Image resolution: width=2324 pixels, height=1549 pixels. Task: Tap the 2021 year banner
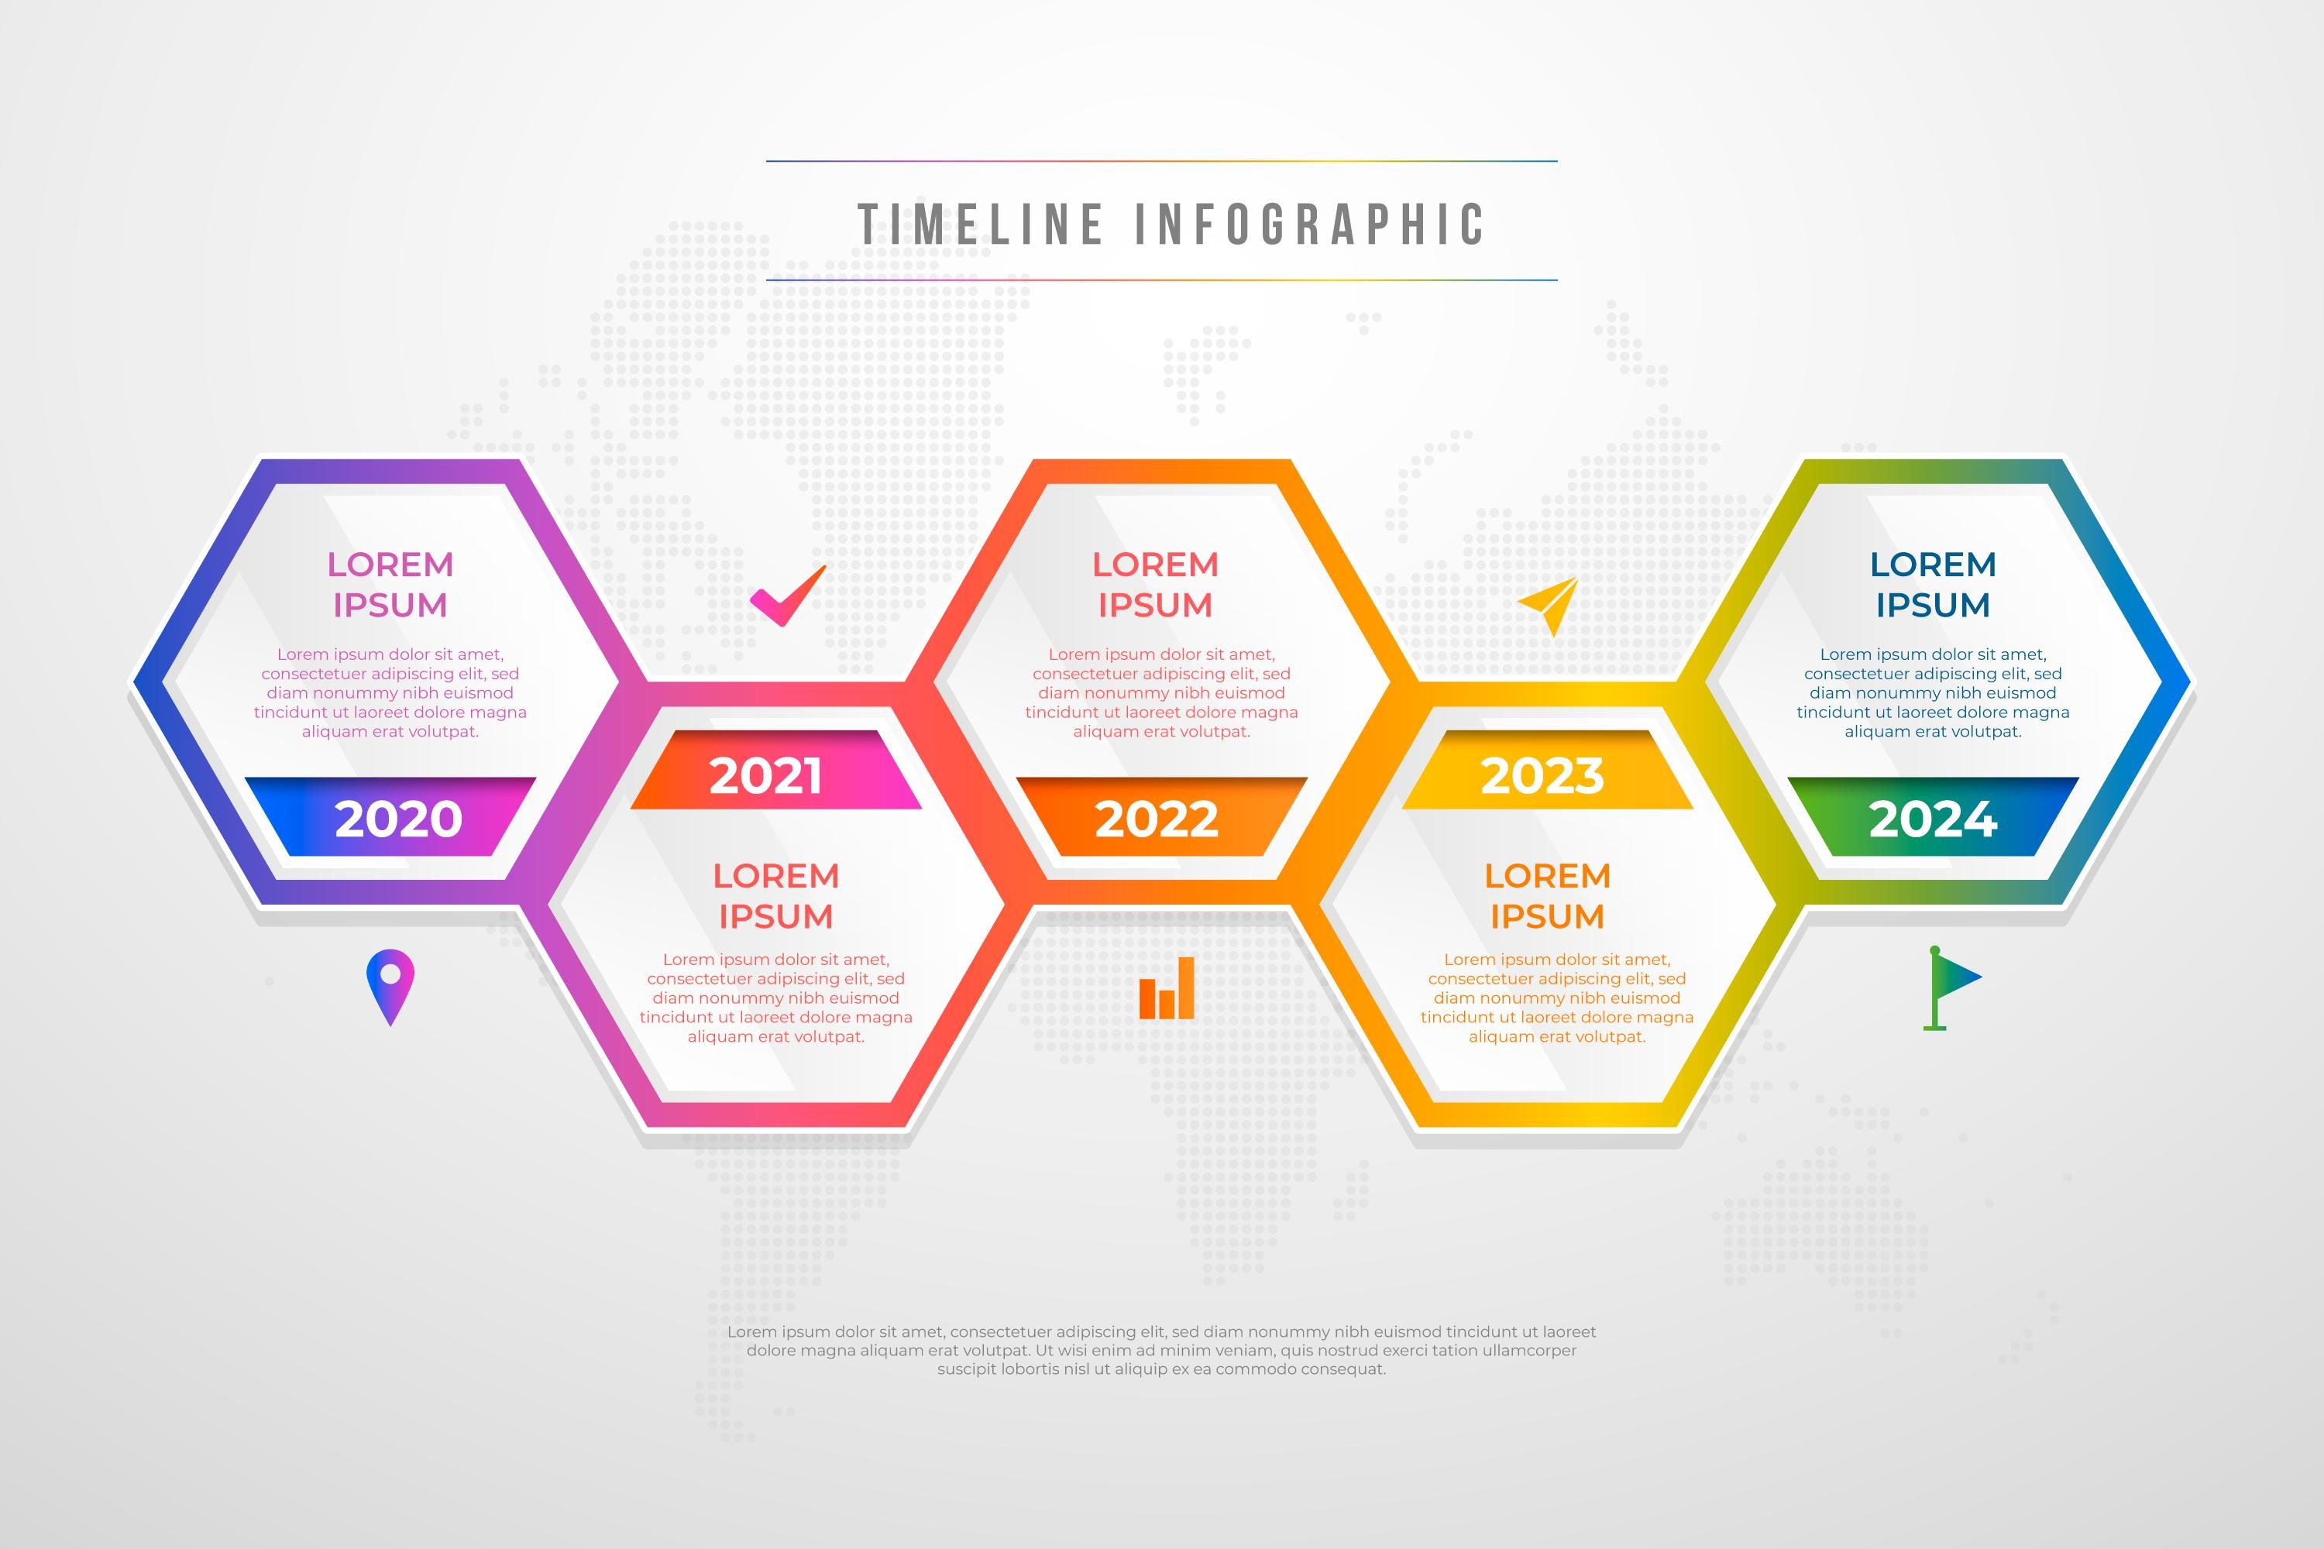coord(775,771)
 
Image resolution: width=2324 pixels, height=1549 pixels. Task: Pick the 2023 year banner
coord(1547,771)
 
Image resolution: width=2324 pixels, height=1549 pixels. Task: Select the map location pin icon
coord(390,987)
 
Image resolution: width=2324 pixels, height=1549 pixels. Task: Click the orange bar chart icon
coord(1167,988)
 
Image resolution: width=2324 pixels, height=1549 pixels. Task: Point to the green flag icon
coord(1951,988)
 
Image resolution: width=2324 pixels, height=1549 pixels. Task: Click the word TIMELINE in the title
coord(980,225)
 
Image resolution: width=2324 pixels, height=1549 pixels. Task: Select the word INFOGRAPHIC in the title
coord(1309,225)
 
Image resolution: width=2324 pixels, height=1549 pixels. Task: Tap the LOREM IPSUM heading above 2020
coord(390,585)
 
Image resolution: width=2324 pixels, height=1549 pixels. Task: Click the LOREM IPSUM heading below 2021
coord(775,896)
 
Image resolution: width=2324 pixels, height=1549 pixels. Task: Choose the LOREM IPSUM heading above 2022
coord(1156,585)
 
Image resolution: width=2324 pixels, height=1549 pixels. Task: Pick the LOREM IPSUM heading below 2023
coord(1547,896)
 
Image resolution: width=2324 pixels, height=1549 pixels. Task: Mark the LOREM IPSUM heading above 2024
coord(1934,585)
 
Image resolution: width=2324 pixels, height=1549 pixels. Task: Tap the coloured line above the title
coord(1162,161)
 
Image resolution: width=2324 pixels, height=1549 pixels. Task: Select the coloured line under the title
coord(1162,280)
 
